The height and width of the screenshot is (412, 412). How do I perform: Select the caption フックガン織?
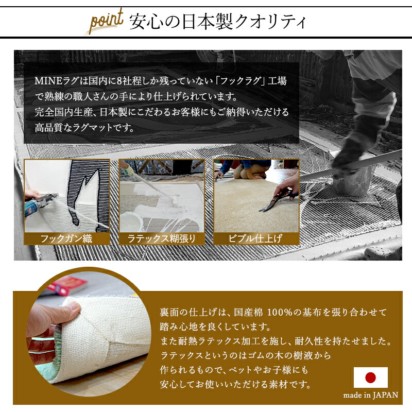pos(67,239)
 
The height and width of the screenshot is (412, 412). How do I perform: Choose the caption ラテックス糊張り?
pos(162,239)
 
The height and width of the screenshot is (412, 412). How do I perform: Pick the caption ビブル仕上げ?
pos(256,239)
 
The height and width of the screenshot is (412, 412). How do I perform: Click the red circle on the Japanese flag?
pos(370,377)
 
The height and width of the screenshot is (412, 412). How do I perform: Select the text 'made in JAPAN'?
pos(371,396)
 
